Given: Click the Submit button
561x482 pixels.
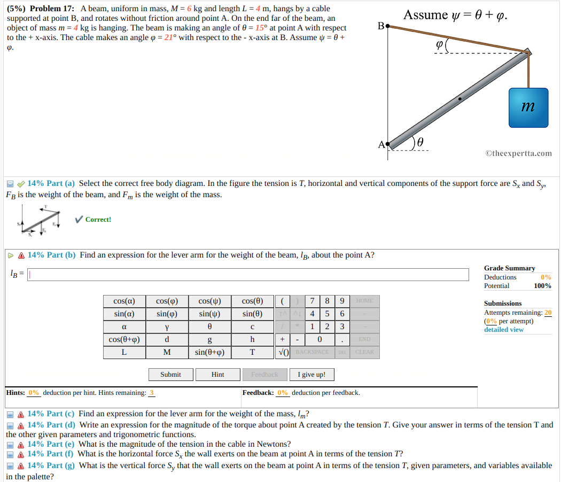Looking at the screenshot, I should point(170,375).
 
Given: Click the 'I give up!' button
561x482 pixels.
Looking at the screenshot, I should point(311,375).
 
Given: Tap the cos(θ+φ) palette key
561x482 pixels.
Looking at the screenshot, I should point(124,339).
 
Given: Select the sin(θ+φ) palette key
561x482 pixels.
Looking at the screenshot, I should point(209,352).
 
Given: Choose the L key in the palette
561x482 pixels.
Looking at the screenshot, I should point(124,352).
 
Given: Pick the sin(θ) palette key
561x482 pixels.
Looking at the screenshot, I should point(252,314).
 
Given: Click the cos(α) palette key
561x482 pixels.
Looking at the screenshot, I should point(124,301).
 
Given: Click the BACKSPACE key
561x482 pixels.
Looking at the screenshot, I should point(312,352).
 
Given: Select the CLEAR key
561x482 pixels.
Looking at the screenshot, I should point(364,352).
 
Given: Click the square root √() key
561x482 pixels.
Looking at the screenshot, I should point(283,352).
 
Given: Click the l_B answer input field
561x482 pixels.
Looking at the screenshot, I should point(248,274).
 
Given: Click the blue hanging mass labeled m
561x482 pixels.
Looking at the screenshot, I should point(528,107).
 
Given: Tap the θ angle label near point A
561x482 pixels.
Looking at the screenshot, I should point(420,142).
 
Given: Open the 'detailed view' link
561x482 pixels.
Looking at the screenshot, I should point(504,330).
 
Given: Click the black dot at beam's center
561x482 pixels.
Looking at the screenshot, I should point(460,99).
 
